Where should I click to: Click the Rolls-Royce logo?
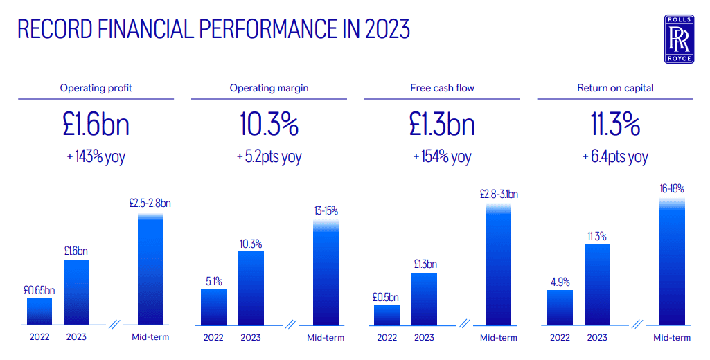pyautogui.click(x=678, y=39)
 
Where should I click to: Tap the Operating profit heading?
pyautogui.click(x=96, y=88)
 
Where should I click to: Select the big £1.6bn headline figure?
pyautogui.click(x=96, y=125)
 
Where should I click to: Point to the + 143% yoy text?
pyautogui.click(x=96, y=156)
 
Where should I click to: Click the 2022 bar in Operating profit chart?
pyautogui.click(x=39, y=312)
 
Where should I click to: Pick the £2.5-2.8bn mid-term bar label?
pyautogui.click(x=150, y=204)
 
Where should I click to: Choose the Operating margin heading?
pyautogui.click(x=269, y=88)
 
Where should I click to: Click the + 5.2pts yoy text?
pyautogui.click(x=269, y=156)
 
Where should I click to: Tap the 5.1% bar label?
pyautogui.click(x=213, y=281)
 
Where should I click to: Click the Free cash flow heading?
pyautogui.click(x=442, y=88)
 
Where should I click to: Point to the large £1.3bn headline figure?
pyautogui.click(x=442, y=125)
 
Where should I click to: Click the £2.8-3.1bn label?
pyautogui.click(x=498, y=195)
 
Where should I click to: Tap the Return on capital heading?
pyautogui.click(x=615, y=88)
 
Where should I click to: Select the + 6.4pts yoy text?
pyautogui.click(x=615, y=156)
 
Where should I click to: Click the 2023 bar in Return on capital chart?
pyautogui.click(x=597, y=285)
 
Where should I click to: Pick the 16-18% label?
pyautogui.click(x=672, y=188)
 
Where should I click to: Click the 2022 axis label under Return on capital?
pyautogui.click(x=560, y=337)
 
